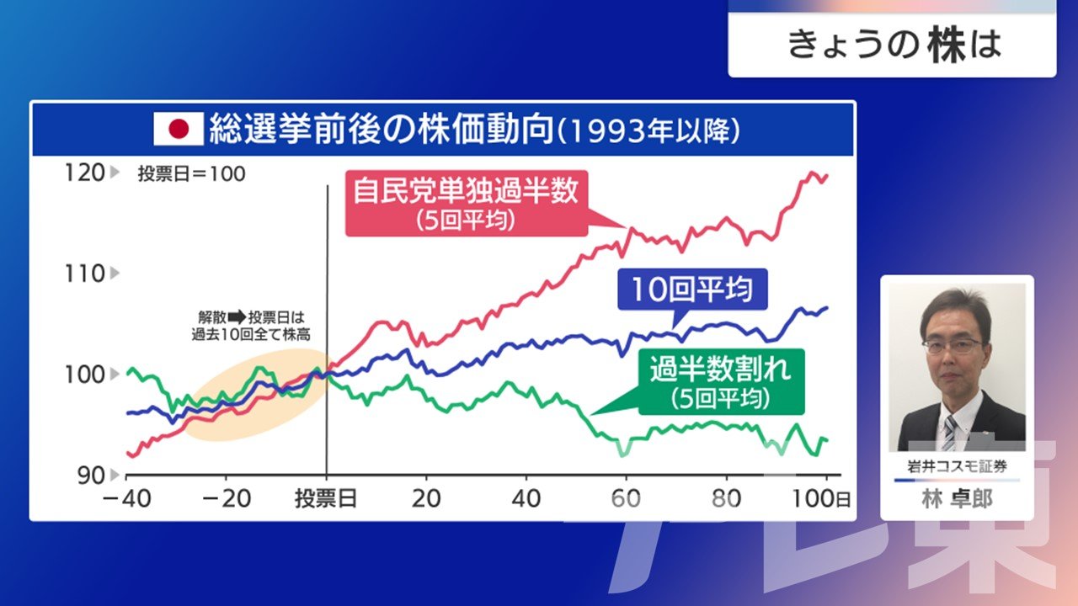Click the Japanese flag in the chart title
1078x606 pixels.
click(x=179, y=129)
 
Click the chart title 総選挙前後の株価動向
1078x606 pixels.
click(x=382, y=129)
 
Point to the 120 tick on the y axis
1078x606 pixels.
click(x=85, y=173)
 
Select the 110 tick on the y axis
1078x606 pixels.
click(x=85, y=274)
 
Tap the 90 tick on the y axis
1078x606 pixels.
click(x=91, y=476)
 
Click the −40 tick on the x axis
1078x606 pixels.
click(x=126, y=499)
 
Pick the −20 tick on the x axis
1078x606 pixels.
click(x=227, y=499)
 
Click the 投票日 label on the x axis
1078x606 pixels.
click(x=326, y=499)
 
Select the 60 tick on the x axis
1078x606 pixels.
click(x=626, y=499)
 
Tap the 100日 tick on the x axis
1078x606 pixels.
click(x=821, y=499)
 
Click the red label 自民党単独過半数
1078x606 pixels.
click(x=466, y=191)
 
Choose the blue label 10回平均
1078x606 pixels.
click(x=691, y=289)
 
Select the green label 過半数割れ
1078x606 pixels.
click(x=720, y=369)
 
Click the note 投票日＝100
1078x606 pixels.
click(x=191, y=173)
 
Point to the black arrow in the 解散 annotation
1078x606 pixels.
click(x=237, y=317)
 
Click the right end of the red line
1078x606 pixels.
click(x=827, y=176)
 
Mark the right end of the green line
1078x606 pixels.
click(x=827, y=439)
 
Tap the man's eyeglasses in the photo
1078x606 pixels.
click(x=953, y=345)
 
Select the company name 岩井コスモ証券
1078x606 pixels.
click(x=957, y=465)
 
